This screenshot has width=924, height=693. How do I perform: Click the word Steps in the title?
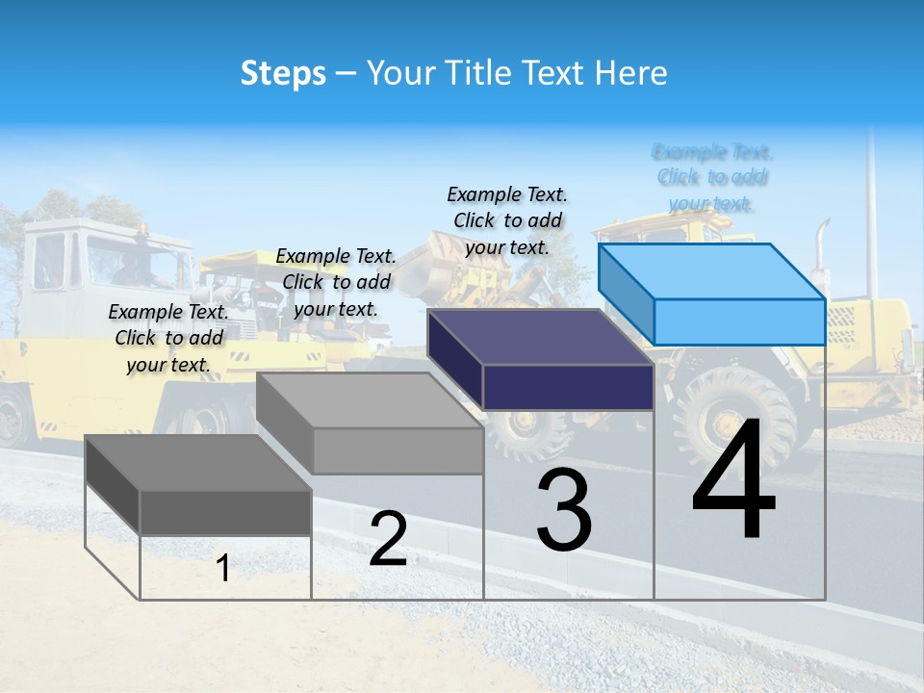tap(283, 73)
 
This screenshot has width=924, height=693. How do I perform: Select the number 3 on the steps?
tap(564, 510)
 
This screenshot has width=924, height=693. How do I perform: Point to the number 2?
tap(388, 539)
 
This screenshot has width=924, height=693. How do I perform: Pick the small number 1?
tap(223, 568)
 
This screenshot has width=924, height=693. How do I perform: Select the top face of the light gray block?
tap(370, 400)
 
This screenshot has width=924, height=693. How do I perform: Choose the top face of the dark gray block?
tap(198, 463)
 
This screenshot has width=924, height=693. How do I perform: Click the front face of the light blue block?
tap(739, 321)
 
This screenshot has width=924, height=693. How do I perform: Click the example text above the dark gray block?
tap(168, 338)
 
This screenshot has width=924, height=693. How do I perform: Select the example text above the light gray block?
tap(336, 282)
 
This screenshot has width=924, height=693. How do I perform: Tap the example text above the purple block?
tap(507, 220)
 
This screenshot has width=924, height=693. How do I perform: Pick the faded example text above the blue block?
tap(712, 177)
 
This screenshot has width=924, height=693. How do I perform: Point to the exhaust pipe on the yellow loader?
tap(821, 250)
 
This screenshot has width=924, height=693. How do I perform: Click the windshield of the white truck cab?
tap(135, 260)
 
